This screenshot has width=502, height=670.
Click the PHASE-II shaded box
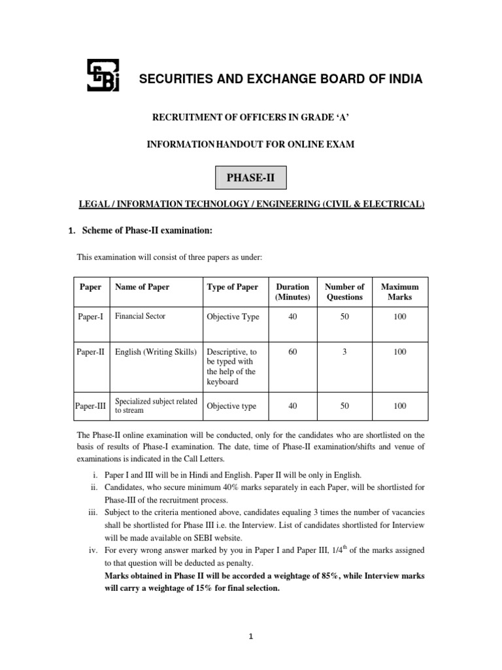[x=251, y=178]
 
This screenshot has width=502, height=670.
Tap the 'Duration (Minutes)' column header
[x=292, y=292]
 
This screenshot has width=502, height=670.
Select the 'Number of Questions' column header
[x=344, y=292]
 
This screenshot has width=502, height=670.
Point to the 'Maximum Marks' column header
[x=399, y=292]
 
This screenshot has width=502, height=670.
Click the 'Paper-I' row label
[x=91, y=317]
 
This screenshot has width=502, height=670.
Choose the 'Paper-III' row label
[x=92, y=406]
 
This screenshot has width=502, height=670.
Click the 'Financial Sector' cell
[x=140, y=316]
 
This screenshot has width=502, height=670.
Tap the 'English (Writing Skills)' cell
[x=156, y=352]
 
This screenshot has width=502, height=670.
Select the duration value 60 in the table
[x=292, y=352]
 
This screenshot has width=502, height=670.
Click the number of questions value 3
[x=344, y=352]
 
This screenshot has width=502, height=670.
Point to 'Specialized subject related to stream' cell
[x=156, y=406]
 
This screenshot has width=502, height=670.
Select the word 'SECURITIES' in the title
[x=173, y=79]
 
